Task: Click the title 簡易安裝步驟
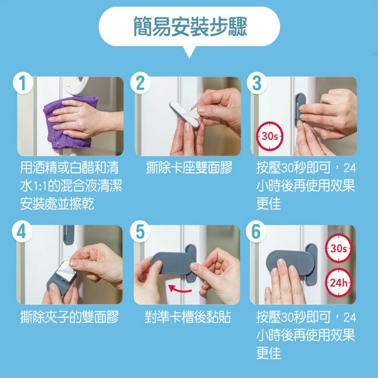(190, 26)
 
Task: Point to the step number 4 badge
(22, 232)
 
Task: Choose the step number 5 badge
(140, 232)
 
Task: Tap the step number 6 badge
(256, 232)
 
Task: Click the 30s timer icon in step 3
(270, 136)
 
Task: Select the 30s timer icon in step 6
(338, 248)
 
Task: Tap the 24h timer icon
(338, 282)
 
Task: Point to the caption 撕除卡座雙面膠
(189, 168)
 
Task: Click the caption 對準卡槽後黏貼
(188, 317)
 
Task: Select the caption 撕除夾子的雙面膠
(70, 317)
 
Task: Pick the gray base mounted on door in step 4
(69, 235)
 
